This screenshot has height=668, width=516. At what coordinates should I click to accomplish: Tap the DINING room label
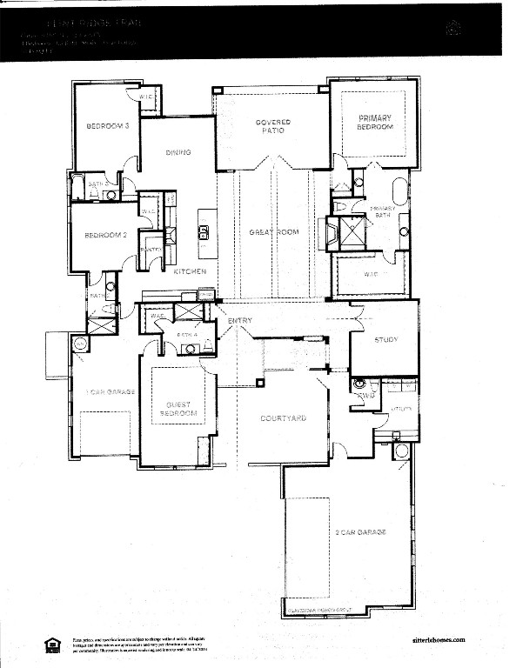tap(178, 152)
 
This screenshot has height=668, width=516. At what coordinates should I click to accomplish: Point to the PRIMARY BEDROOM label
tap(374, 123)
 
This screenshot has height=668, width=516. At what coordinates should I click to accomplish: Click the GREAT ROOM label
tap(274, 232)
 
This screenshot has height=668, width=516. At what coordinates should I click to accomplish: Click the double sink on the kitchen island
tap(204, 231)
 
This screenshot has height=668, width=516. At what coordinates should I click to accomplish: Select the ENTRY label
tap(240, 322)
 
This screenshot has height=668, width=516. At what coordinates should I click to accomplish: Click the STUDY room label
tap(385, 340)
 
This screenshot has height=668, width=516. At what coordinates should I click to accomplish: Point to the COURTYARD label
tap(284, 418)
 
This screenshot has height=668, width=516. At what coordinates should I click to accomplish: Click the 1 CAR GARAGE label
tap(109, 392)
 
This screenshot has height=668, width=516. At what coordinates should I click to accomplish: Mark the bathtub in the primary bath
tap(400, 191)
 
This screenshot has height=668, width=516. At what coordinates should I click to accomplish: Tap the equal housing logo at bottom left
tap(50, 644)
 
